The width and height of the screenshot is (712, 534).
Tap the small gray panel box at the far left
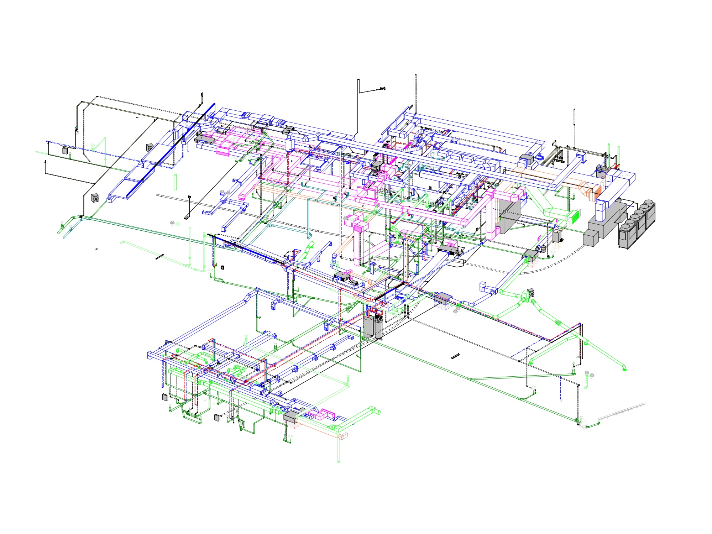point(65,151)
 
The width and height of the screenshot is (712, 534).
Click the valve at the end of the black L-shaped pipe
point(383,88)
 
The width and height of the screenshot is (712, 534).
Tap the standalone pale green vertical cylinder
point(175,182)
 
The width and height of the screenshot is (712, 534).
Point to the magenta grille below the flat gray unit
point(223,153)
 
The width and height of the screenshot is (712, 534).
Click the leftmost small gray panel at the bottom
point(165,397)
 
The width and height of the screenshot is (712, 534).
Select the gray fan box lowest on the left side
point(95,198)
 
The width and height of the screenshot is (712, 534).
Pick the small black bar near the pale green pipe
point(159,257)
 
